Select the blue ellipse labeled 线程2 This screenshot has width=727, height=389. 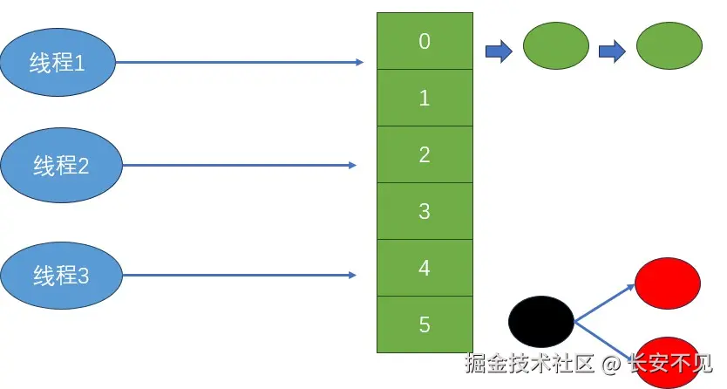click(61, 164)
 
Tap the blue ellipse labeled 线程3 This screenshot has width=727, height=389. click(61, 276)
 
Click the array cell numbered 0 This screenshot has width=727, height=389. click(425, 41)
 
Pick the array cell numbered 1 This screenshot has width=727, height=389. click(425, 98)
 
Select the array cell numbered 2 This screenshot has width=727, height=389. click(425, 154)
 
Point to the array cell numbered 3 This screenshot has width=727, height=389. click(425, 211)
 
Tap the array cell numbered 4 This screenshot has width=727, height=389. click(425, 268)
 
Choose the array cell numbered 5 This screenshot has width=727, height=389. click(425, 324)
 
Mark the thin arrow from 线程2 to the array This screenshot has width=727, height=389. click(240, 165)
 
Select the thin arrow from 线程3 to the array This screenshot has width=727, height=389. click(240, 276)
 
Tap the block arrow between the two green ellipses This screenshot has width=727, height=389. click(613, 51)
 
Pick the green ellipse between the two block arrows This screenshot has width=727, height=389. click(556, 45)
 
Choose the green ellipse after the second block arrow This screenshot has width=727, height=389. click(669, 45)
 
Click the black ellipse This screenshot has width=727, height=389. click(541, 320)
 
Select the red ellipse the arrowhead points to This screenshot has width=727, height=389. click(668, 282)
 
